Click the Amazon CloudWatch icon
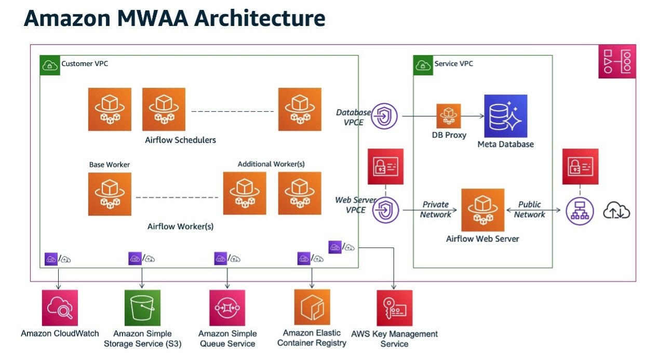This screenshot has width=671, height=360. click(x=60, y=308)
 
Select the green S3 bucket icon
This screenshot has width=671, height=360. click(x=143, y=308)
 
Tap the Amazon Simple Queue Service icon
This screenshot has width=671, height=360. click(x=227, y=308)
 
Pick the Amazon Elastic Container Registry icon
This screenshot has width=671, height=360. click(x=312, y=307)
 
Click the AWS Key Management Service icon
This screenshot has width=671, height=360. click(x=395, y=308)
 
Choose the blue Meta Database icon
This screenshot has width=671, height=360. click(x=506, y=116)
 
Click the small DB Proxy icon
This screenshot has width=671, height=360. click(x=448, y=116)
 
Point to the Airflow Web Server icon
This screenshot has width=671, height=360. click(x=482, y=210)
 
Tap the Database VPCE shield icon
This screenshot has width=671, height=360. click(x=384, y=116)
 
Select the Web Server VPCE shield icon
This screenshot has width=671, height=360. click(x=385, y=210)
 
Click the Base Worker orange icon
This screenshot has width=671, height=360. click(x=110, y=194)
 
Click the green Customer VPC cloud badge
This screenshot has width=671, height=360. click(x=50, y=65)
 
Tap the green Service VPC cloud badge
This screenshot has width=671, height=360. click(x=423, y=65)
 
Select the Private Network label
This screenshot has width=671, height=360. click(x=435, y=209)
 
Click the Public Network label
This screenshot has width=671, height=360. click(x=530, y=209)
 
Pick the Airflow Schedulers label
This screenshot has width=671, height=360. click(x=180, y=140)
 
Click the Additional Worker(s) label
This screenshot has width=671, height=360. click(x=271, y=164)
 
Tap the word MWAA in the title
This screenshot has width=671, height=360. click(x=153, y=18)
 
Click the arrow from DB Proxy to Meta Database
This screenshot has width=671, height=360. click(x=473, y=116)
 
